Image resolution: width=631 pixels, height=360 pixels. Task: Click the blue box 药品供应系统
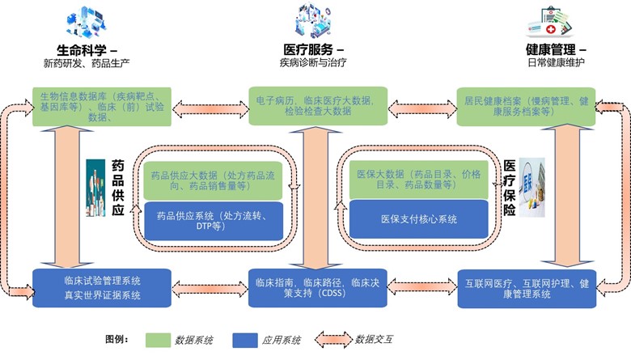214,221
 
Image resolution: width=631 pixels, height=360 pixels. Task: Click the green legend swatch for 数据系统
165,339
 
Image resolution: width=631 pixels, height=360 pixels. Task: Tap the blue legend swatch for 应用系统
249,339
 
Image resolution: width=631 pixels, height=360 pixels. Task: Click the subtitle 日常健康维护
551,62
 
